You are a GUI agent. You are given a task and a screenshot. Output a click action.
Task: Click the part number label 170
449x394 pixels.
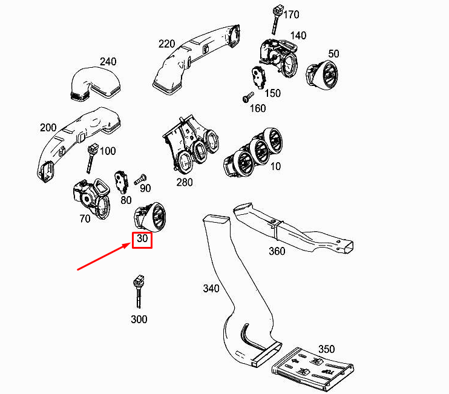tap(291, 15)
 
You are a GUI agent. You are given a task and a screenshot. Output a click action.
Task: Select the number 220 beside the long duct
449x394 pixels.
tap(166, 44)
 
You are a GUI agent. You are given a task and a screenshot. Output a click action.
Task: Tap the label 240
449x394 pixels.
tap(108, 62)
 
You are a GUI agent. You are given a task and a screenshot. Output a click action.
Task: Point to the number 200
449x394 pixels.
tap(48, 128)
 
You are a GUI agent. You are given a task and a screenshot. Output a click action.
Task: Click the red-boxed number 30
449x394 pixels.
tap(142, 238)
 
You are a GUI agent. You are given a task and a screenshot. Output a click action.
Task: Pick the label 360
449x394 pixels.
tap(277, 251)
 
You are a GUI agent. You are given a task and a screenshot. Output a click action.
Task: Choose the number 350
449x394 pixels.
tap(326, 349)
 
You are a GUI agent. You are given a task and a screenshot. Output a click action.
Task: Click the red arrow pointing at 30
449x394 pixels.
tap(105, 257)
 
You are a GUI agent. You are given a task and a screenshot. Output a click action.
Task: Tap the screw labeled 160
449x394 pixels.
tap(248, 97)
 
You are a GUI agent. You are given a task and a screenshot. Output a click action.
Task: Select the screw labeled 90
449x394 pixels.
tap(140, 180)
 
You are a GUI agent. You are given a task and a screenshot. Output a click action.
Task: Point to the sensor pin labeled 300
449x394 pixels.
tap(139, 292)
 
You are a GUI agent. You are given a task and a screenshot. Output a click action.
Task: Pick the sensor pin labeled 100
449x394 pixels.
tap(91, 159)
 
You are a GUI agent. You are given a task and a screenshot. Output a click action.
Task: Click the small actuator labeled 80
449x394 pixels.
tap(121, 182)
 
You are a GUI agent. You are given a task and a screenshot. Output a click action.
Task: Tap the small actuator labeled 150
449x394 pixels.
tap(259, 78)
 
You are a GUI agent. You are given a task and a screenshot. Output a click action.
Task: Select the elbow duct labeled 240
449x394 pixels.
tap(95, 84)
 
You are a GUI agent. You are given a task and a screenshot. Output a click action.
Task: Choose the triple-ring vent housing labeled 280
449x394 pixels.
tap(191, 143)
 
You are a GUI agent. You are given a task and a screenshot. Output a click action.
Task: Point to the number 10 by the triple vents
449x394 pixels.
tap(275, 166)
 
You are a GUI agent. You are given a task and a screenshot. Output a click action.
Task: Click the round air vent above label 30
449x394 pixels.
tap(150, 217)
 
